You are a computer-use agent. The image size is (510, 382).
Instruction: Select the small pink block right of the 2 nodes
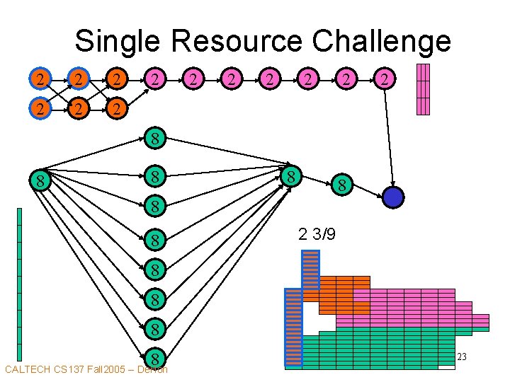423,89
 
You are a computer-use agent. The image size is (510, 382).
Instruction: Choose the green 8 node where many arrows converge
290,175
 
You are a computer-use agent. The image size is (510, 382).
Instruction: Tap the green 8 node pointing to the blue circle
342,187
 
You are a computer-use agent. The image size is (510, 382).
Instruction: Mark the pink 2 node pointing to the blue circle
384,79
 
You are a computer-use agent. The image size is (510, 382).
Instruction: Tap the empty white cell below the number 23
446,366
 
